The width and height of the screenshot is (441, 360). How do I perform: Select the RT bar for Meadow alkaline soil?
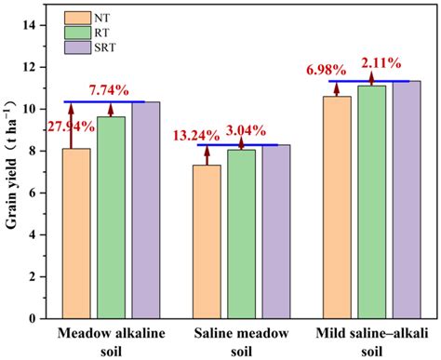111,218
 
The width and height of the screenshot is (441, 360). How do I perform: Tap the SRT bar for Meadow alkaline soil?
144,210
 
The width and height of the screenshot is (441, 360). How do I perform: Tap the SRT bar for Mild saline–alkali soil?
405,200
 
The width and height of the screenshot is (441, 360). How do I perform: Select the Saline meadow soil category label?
241,340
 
